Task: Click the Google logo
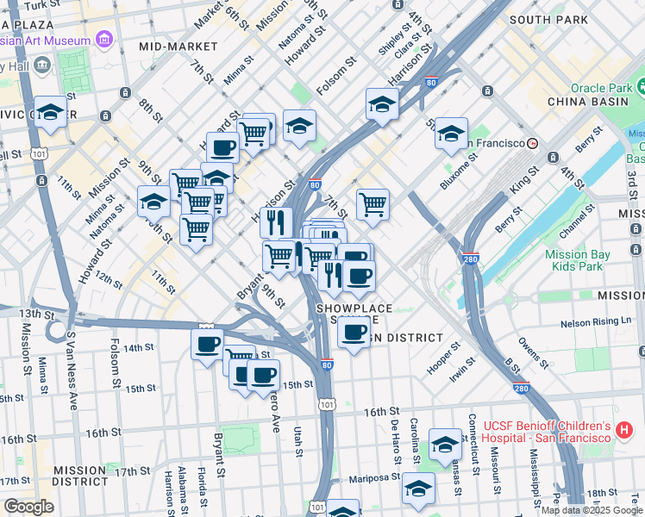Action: click(x=28, y=507)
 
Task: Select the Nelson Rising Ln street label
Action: click(x=596, y=321)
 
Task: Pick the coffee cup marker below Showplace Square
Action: click(x=352, y=332)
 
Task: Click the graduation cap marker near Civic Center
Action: click(x=51, y=112)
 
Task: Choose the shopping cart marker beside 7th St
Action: click(x=373, y=204)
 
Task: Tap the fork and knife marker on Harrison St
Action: click(x=276, y=222)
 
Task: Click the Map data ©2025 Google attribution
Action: click(x=592, y=509)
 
